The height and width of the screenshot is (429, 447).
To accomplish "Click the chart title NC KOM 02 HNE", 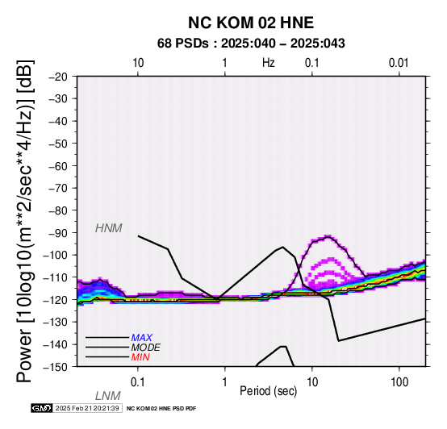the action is [x=251, y=23].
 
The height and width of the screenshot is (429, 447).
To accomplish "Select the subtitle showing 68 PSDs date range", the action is [x=251, y=44].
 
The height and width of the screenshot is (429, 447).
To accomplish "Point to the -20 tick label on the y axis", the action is [x=58, y=77].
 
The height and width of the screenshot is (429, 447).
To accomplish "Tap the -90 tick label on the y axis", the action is [x=58, y=233].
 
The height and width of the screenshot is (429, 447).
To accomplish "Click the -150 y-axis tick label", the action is [x=56, y=367].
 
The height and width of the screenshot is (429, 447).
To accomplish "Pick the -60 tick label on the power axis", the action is [x=58, y=166].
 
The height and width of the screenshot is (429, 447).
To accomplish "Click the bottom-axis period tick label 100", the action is [x=399, y=382].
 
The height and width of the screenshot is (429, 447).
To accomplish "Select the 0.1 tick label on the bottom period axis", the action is [x=137, y=382].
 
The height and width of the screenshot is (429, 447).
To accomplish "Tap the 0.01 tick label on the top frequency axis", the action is [x=399, y=63].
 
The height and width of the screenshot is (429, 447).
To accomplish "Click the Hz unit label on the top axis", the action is [x=269, y=63].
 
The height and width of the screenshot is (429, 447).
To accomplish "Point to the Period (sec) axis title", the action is [x=268, y=391].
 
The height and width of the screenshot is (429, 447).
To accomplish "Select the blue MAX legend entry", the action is [x=142, y=338].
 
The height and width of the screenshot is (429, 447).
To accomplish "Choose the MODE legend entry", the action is [x=146, y=348].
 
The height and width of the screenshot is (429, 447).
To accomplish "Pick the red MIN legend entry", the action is [x=140, y=357].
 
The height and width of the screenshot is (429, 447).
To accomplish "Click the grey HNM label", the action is [x=109, y=228].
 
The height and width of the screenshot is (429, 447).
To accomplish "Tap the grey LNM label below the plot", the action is [x=108, y=396].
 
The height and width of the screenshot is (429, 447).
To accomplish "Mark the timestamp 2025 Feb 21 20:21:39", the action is [x=87, y=408].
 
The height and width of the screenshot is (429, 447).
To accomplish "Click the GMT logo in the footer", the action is [x=42, y=408].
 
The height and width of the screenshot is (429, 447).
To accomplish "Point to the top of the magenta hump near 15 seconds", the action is [x=328, y=236].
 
